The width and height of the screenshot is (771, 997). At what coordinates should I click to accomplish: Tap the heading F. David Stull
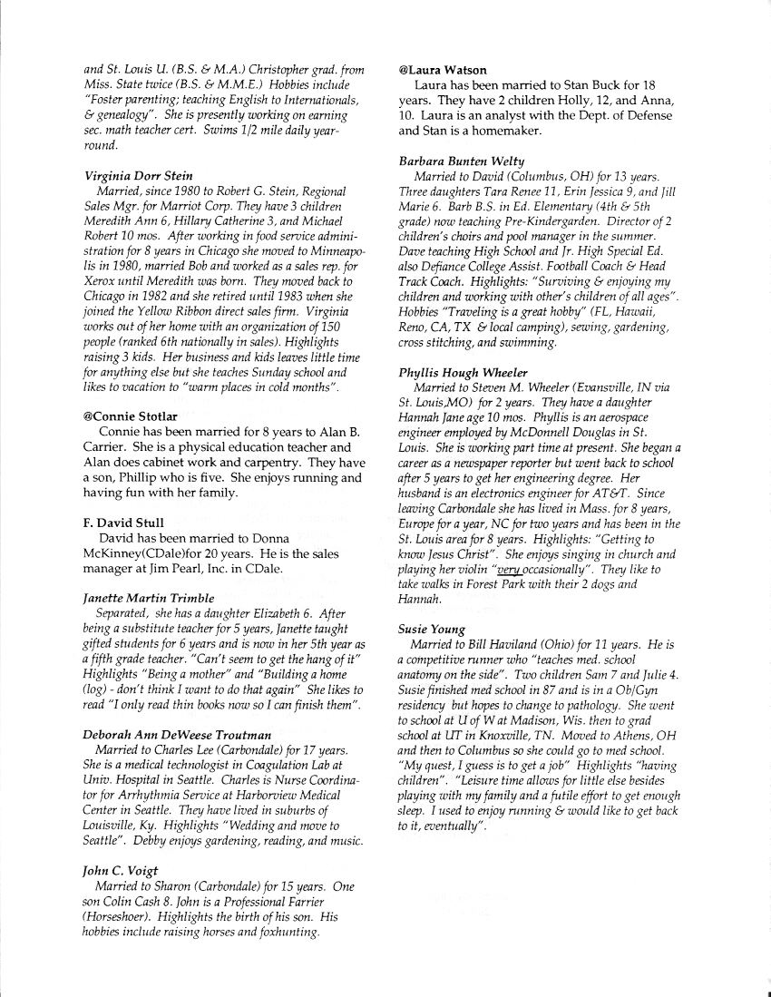[x=122, y=523]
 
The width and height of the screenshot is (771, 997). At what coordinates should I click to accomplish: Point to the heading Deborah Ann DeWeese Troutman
[x=177, y=733]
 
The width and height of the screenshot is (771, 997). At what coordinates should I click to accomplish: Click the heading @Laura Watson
[x=443, y=70]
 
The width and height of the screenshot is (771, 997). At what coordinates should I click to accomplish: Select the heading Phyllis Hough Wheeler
[x=463, y=373]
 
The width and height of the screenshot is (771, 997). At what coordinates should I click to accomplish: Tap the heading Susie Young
[x=432, y=629]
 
